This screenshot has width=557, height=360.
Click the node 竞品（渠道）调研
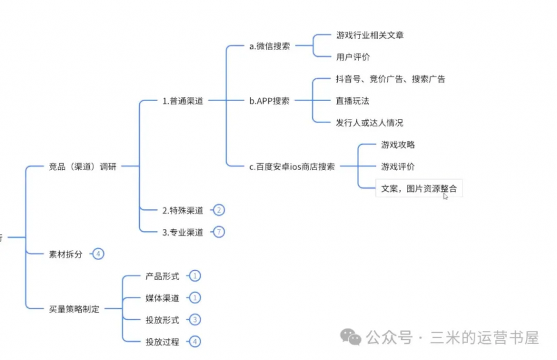point(83,166)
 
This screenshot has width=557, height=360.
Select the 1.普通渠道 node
point(183,101)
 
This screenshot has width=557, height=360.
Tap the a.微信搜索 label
point(269,46)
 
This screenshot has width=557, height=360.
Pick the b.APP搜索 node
point(269,101)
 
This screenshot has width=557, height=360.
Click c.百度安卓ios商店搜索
point(292,166)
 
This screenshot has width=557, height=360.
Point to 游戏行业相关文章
point(370,35)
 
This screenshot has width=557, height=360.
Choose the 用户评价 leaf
point(353,57)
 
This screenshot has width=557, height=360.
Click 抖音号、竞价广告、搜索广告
point(391,79)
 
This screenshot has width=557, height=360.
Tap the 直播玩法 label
point(353,101)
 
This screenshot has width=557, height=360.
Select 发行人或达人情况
point(370,123)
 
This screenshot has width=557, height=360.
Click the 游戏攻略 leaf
point(398,145)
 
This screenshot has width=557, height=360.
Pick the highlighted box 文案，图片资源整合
point(419,189)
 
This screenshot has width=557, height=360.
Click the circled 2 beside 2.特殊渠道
point(219,210)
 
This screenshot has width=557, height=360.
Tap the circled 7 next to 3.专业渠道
point(219,232)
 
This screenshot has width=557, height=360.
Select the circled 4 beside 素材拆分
point(98,254)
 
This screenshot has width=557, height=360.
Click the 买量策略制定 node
point(74,309)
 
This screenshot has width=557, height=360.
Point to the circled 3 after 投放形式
point(195,320)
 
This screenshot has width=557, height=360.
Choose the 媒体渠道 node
point(162,298)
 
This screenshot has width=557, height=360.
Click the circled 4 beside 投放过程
point(195,342)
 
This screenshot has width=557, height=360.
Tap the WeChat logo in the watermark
point(351,337)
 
